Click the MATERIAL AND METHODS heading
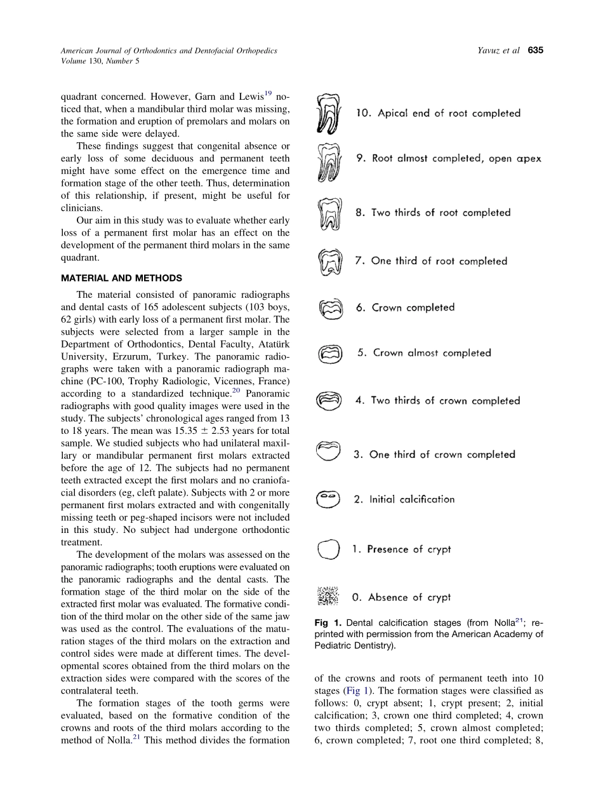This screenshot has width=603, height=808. pyautogui.click(x=121, y=278)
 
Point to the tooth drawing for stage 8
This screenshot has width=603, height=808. pyautogui.click(x=329, y=214)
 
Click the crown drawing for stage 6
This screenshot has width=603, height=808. pyautogui.click(x=331, y=308)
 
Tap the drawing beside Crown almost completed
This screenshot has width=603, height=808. pyautogui.click(x=330, y=353)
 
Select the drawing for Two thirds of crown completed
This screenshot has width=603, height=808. pyautogui.click(x=329, y=401)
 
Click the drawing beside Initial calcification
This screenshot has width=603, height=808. pyautogui.click(x=328, y=499)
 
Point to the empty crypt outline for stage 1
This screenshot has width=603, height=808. pyautogui.click(x=328, y=549)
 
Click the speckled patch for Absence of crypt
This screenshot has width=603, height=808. pyautogui.click(x=328, y=596)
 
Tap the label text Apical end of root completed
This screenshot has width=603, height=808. pyautogui.click(x=438, y=114)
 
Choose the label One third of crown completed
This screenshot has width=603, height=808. pyautogui.click(x=434, y=454)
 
